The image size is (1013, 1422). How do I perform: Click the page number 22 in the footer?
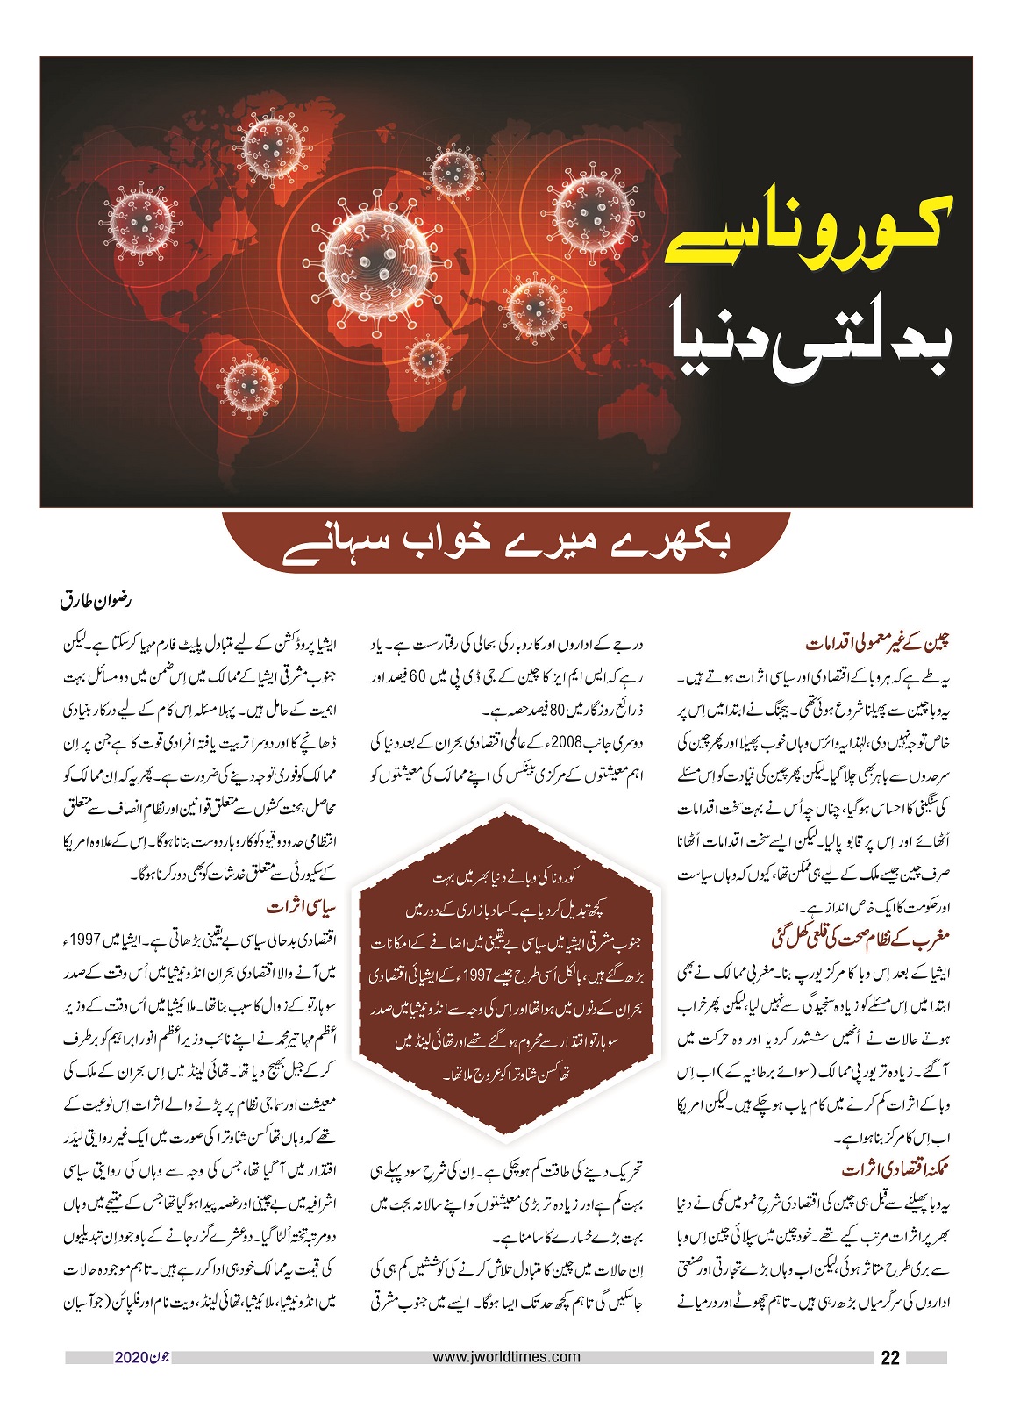click(x=889, y=1358)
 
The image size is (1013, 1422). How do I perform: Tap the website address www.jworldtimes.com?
click(x=507, y=1356)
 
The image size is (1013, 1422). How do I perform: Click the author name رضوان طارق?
click(x=96, y=604)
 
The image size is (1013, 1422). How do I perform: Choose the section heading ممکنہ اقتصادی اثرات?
click(x=895, y=1169)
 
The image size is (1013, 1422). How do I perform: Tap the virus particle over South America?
click(x=249, y=385)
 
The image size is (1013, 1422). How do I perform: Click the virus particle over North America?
click(x=140, y=218)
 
